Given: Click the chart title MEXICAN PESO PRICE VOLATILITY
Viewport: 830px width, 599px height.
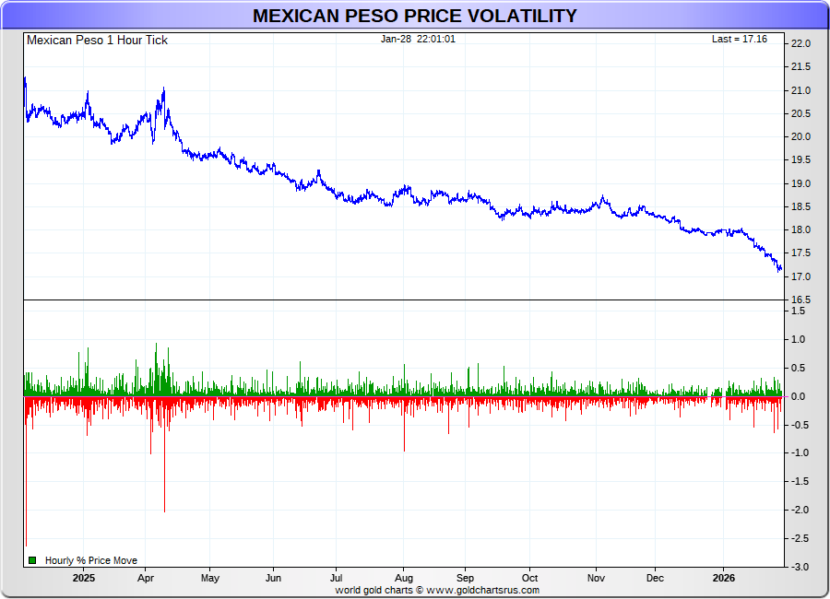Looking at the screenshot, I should [415, 16].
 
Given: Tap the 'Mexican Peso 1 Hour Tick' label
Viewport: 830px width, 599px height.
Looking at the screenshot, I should [97, 41].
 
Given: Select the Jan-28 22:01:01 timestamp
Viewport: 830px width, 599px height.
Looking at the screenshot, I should [418, 40].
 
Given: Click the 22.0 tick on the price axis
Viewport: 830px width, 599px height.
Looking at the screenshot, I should [800, 44].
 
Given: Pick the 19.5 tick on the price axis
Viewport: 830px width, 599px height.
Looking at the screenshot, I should [800, 160].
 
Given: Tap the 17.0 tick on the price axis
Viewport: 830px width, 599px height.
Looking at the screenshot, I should [800, 277].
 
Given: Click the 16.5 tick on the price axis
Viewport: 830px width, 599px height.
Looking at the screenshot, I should [800, 300].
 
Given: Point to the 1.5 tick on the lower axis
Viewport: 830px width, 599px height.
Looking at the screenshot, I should [799, 311].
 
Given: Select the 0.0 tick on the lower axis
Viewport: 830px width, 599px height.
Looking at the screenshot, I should [799, 396].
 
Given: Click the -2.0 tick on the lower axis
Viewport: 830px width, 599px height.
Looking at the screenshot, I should [798, 510].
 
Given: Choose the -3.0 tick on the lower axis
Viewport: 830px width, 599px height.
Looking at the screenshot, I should [798, 566].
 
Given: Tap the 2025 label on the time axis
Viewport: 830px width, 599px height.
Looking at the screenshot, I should [84, 579].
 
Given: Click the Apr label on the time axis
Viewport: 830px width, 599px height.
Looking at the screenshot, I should [146, 579].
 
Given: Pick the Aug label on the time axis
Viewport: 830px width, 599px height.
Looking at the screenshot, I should [403, 579].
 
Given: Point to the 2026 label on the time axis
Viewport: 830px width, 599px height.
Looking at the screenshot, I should [724, 579].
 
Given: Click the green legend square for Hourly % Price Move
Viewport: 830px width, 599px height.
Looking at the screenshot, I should [32, 560].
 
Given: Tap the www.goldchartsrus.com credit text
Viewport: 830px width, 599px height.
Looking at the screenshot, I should [483, 590].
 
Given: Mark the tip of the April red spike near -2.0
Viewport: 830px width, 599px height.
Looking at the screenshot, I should [164, 511].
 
